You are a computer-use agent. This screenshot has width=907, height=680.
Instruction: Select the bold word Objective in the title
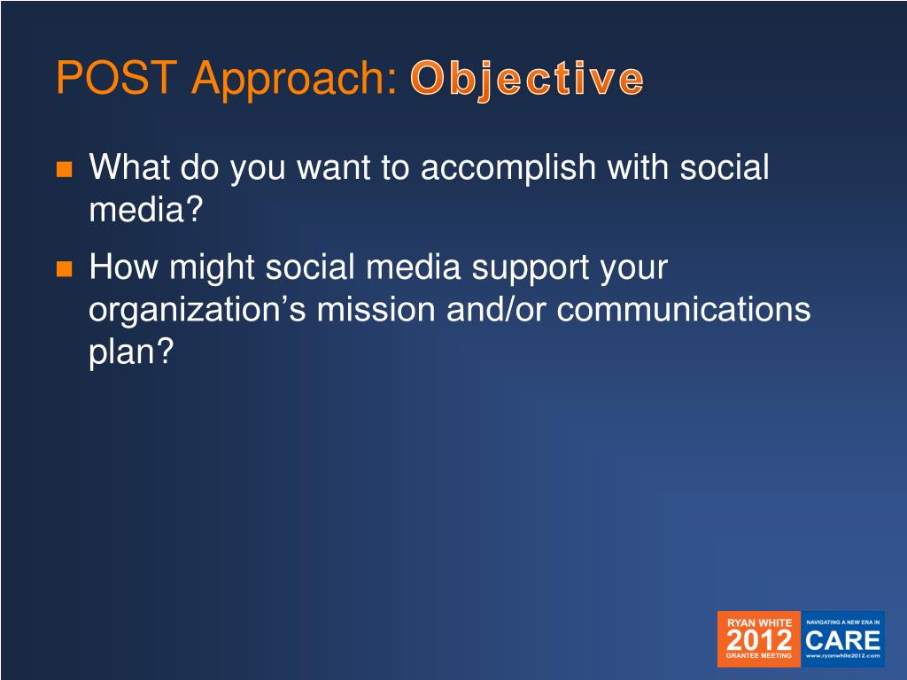coord(527,79)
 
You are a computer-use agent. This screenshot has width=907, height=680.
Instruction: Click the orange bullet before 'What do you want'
coord(64,169)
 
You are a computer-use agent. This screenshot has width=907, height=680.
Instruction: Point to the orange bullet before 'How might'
coord(64,269)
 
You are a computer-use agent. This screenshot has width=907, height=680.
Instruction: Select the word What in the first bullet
coord(130,167)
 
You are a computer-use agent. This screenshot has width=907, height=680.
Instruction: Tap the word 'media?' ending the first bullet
coord(146,209)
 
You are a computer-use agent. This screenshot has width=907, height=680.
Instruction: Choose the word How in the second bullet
coord(122,267)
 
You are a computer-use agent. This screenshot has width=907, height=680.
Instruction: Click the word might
coord(212,269)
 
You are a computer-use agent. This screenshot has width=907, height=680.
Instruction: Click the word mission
coord(376,309)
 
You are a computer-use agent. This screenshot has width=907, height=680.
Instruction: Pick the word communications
coord(684,309)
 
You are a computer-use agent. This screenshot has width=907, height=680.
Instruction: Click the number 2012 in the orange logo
coord(759,640)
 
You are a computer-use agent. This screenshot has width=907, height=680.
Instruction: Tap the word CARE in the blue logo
coord(843,641)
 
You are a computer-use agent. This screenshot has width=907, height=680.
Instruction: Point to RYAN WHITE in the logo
coord(759,622)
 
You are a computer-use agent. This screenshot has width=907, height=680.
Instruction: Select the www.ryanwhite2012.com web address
coord(843,656)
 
